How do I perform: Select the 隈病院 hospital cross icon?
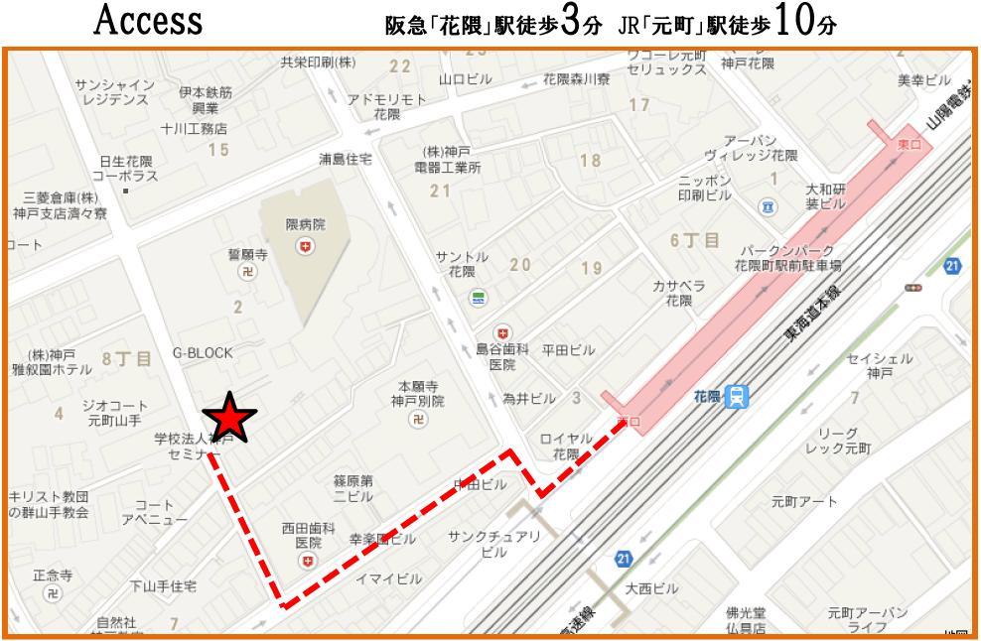305,245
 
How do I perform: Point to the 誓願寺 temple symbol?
247,272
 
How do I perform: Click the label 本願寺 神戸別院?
417,393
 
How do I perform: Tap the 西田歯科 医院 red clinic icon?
308,562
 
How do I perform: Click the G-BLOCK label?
203,352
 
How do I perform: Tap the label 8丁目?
127,359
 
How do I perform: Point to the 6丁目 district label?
696,240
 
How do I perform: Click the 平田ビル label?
568,350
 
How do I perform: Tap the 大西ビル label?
651,588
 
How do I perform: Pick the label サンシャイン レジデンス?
114,92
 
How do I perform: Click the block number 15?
217,150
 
